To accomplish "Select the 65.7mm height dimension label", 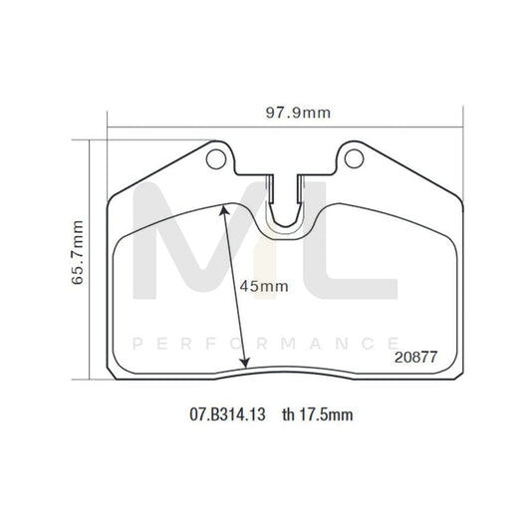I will (x=77, y=257).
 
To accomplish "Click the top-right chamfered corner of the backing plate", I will (x=452, y=189).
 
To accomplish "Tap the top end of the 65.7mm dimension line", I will (x=90, y=140).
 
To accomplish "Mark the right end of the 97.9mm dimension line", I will (x=463, y=128).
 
